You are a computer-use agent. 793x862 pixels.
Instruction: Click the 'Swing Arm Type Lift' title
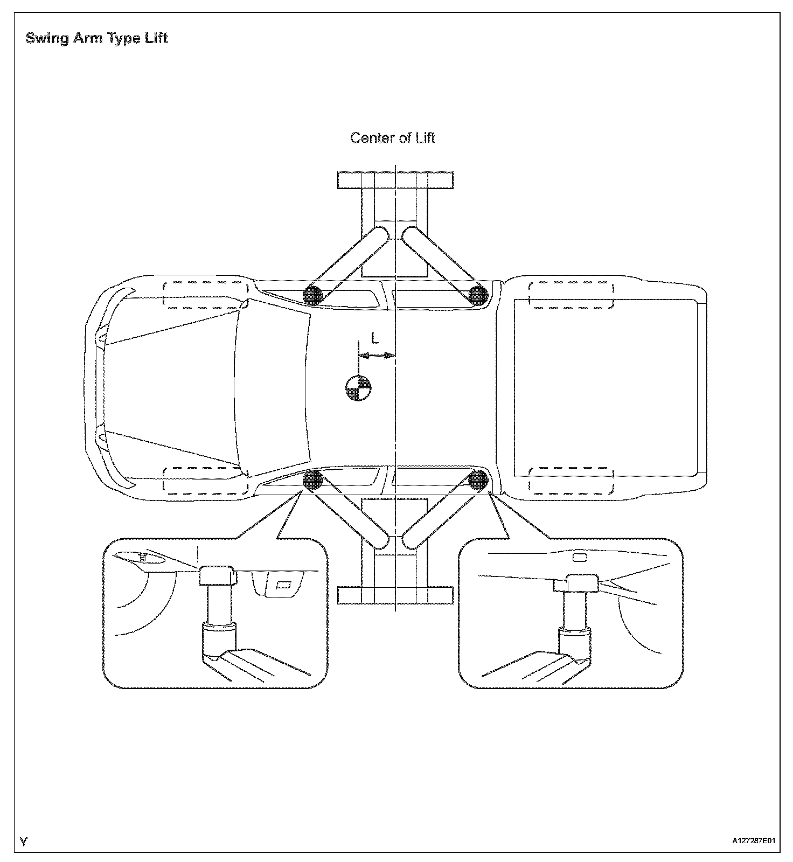point(97,39)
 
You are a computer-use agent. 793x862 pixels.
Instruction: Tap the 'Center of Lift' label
point(392,138)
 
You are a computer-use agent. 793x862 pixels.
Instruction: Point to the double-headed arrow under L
point(377,355)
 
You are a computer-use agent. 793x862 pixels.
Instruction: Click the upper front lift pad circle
point(313,295)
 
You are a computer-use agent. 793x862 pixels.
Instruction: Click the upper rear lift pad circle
point(478,295)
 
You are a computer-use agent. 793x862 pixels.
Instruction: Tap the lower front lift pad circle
point(313,479)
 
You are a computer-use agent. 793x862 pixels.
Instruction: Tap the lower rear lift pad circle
point(478,479)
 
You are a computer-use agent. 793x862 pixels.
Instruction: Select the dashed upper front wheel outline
point(206,295)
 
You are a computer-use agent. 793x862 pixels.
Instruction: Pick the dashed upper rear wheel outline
point(571,295)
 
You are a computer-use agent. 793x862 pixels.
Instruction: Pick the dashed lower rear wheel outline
point(571,481)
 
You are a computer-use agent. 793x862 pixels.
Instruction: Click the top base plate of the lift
point(395,180)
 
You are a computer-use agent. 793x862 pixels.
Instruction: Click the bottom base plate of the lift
point(395,595)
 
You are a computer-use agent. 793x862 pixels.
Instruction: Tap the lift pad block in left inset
point(217,575)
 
